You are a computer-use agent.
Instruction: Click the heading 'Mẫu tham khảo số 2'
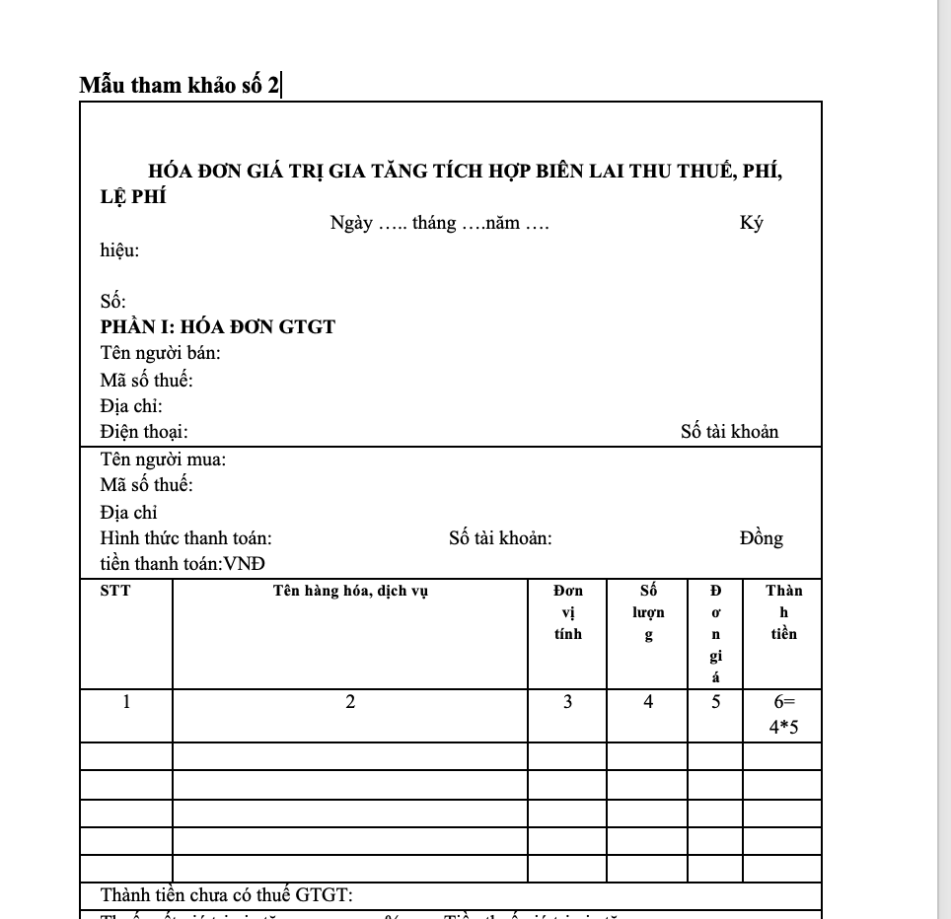pyautogui.click(x=179, y=85)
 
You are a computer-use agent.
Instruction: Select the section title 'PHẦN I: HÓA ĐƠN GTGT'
pyautogui.click(x=218, y=327)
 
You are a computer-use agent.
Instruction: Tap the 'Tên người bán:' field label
pyautogui.click(x=160, y=353)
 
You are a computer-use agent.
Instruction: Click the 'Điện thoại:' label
pyautogui.click(x=144, y=432)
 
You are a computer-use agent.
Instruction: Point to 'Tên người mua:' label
pyautogui.click(x=163, y=459)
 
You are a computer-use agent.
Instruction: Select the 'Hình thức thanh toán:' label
pyautogui.click(x=186, y=538)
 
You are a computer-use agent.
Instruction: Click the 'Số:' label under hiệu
pyautogui.click(x=112, y=302)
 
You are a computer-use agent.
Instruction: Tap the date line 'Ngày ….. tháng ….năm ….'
pyautogui.click(x=439, y=223)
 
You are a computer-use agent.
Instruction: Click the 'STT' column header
pyautogui.click(x=115, y=592)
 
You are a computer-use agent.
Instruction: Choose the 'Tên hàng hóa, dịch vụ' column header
pyautogui.click(x=350, y=592)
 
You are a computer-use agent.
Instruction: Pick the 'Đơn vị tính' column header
pyautogui.click(x=568, y=612)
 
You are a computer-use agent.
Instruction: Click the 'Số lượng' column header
pyautogui.click(x=648, y=612)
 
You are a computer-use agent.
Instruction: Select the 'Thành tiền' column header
pyautogui.click(x=784, y=612)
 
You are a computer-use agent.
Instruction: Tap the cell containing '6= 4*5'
pyautogui.click(x=783, y=715)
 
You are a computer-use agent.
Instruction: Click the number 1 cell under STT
pyautogui.click(x=126, y=703)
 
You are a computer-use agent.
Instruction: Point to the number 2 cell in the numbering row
pyautogui.click(x=350, y=703)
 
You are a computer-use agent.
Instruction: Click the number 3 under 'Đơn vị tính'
pyautogui.click(x=567, y=703)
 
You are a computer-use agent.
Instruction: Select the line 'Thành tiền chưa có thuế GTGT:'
pyautogui.click(x=227, y=895)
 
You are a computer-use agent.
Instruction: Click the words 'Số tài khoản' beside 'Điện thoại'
pyautogui.click(x=729, y=432)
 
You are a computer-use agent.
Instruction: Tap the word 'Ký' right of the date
pyautogui.click(x=752, y=223)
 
